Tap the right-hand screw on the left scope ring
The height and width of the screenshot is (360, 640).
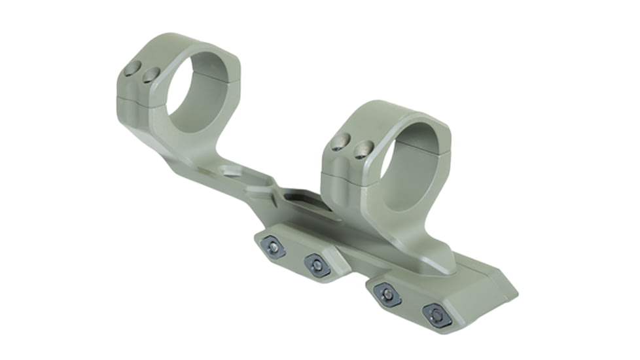click(151, 75)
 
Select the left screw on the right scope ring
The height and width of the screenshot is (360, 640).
click(341, 142)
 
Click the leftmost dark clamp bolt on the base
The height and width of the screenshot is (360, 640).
click(272, 246)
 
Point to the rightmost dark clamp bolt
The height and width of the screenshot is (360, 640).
click(437, 315)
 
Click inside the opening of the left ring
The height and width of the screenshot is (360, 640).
click(196, 92)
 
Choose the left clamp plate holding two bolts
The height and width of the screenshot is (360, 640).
click(298, 255)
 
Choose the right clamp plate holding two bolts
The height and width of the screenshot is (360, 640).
click(412, 302)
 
